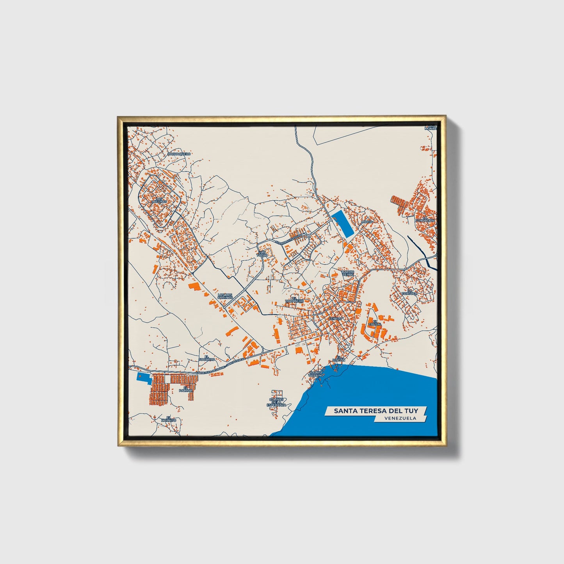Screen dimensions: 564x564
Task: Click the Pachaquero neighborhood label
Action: pos(179,154)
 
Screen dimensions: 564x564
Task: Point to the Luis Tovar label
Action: pos(262,253)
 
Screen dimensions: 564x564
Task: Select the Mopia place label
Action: pos(367,221)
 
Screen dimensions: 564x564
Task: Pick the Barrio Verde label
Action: pos(348,273)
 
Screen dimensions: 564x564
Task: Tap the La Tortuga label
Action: pos(411,292)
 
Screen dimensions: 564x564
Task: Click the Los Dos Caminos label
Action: pos(225,296)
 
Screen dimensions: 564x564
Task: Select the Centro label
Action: pos(335,319)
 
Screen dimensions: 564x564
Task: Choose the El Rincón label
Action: pos(338,358)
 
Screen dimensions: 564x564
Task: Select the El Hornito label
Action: pos(169,419)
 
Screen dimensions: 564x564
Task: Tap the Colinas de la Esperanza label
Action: pos(277,402)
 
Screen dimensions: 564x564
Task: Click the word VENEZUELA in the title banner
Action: pos(400,418)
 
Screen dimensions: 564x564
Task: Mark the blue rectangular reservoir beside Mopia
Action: pos(342,224)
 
